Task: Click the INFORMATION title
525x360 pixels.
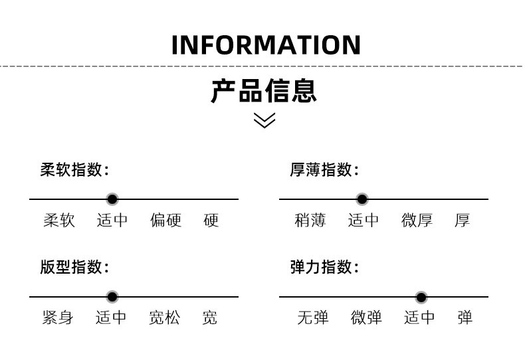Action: pos(266,45)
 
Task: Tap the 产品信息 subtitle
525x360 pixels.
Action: pos(264,91)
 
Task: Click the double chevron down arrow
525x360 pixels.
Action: pos(264,120)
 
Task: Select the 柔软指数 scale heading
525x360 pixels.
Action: pos(74,170)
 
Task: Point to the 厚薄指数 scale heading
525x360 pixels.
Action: pos(324,170)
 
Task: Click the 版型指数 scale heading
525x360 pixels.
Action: pos(74,268)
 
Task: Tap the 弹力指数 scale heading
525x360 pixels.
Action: pos(324,268)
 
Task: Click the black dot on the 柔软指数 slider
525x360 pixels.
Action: pos(112,199)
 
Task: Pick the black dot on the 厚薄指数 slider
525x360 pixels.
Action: pos(362,199)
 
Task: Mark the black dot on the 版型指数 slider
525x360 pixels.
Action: pos(112,297)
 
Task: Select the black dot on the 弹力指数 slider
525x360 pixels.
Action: pos(421,297)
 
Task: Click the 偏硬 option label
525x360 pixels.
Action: pos(166,221)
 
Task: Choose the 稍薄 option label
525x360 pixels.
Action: pos(310,221)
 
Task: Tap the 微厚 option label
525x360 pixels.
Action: pos(417,221)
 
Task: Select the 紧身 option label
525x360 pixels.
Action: pos(58,318)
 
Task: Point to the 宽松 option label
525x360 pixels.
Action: pos(165,318)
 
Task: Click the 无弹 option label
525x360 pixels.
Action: pos(313,318)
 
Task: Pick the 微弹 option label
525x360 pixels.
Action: pos(367,318)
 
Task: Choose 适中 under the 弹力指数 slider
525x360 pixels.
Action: pos(420,318)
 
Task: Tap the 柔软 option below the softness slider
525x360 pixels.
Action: pos(60,221)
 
